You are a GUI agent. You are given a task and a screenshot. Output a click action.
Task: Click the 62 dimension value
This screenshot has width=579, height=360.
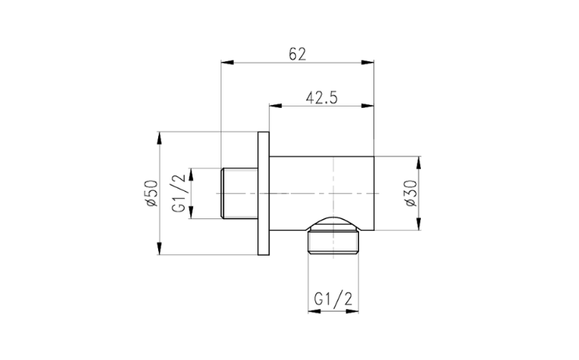[297, 54]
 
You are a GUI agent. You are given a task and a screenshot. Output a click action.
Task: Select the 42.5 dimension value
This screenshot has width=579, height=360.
[322, 98]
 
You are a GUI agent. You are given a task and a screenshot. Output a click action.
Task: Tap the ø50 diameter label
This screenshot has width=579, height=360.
[151, 193]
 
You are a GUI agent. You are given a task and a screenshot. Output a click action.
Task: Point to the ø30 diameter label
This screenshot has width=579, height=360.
[411, 193]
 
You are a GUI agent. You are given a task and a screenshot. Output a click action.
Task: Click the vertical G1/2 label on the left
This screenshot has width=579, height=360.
[179, 193]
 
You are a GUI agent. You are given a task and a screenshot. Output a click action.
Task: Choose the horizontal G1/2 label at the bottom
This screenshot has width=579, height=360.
[333, 299]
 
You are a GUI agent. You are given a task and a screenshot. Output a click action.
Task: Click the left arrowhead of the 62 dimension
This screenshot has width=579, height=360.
[228, 63]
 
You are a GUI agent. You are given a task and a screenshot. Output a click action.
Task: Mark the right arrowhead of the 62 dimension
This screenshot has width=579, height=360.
[368, 63]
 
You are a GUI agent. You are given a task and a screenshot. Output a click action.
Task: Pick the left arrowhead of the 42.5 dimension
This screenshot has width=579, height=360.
[276, 106]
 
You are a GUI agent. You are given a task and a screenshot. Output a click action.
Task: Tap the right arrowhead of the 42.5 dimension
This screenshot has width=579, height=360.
[368, 106]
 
